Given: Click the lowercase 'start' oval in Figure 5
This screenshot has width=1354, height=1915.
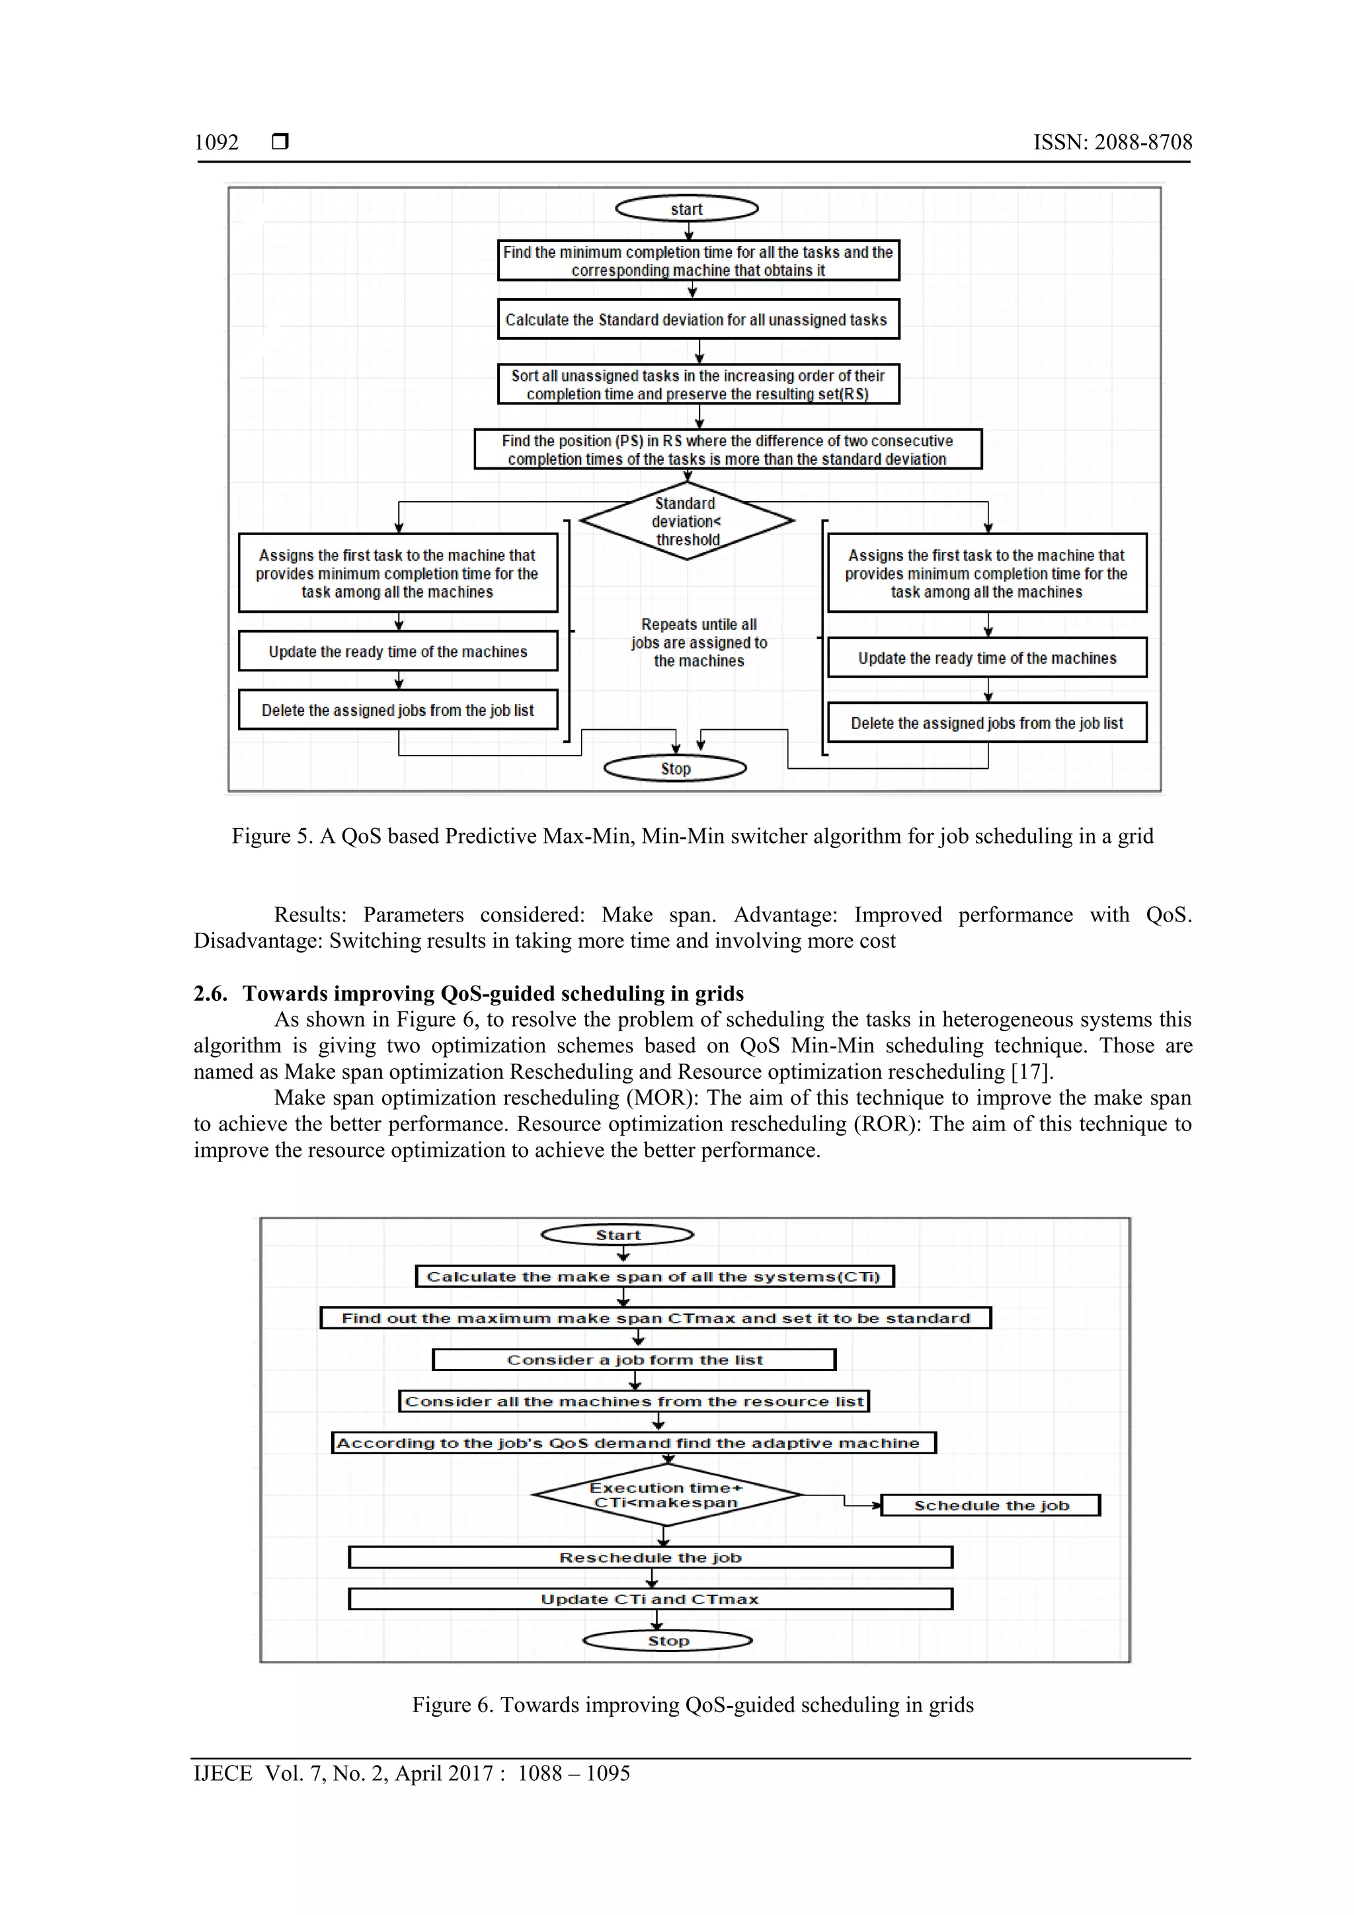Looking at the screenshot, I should (687, 208).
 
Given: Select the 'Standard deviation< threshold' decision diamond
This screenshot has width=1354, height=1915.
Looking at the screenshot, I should (687, 522).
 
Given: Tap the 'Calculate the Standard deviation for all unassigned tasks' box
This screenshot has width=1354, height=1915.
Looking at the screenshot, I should (697, 319).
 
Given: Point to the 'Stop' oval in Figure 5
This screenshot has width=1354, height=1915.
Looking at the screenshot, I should (675, 768).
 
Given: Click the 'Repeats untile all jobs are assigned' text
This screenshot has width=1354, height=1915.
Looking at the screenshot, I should (699, 643).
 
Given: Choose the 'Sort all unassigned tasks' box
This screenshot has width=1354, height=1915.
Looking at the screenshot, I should (697, 385).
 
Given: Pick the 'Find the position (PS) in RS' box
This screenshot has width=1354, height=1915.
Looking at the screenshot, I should (727, 449).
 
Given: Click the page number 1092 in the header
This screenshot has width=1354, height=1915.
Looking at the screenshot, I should (217, 143).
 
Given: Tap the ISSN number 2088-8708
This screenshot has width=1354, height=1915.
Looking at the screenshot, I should (1143, 143).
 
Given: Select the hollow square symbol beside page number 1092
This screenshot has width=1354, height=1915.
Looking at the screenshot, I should (280, 141).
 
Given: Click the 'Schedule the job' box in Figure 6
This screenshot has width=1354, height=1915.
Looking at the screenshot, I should (990, 1505).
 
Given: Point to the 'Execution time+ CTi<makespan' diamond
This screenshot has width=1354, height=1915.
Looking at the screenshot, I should (666, 1495).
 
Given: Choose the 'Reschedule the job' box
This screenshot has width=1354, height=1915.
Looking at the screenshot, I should (650, 1557).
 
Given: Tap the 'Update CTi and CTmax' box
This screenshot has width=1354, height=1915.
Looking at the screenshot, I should (650, 1599).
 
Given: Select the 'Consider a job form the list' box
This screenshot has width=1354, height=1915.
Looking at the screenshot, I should (634, 1360).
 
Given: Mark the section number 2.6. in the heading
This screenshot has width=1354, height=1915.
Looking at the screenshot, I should (210, 994).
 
